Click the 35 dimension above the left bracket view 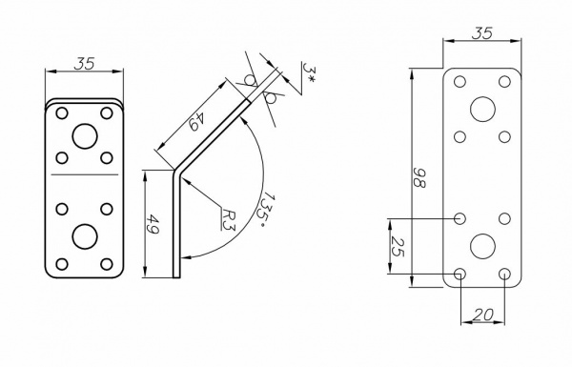coord(84,64)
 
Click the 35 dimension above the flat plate coord(482,32)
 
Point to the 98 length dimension coord(419,177)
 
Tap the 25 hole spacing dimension coord(398,247)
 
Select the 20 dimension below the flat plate coord(483,315)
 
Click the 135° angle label coord(267,210)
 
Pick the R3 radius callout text coord(229,219)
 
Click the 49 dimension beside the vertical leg coord(153,224)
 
